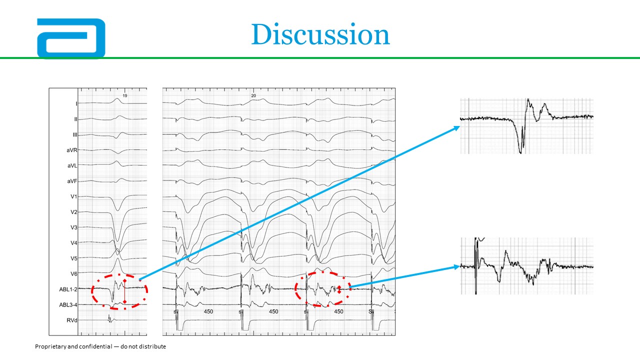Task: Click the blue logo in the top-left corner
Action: (71, 38)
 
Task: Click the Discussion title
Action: (320, 34)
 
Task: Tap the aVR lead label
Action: (72, 150)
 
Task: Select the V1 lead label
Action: (74, 196)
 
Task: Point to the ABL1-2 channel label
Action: (68, 289)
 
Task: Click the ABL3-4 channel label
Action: (68, 305)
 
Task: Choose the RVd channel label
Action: (72, 320)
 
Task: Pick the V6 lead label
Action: (74, 274)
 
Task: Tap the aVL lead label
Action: (72, 165)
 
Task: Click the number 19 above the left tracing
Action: (125, 95)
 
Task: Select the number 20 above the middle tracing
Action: (253, 95)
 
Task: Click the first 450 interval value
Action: (208, 311)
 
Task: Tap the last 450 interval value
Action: (338, 311)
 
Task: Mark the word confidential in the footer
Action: (95, 346)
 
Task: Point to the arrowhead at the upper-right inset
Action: (457, 128)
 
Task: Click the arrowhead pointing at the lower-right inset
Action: (456, 267)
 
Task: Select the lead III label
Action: (75, 134)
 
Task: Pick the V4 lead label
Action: (74, 243)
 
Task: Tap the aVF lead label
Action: (72, 181)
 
